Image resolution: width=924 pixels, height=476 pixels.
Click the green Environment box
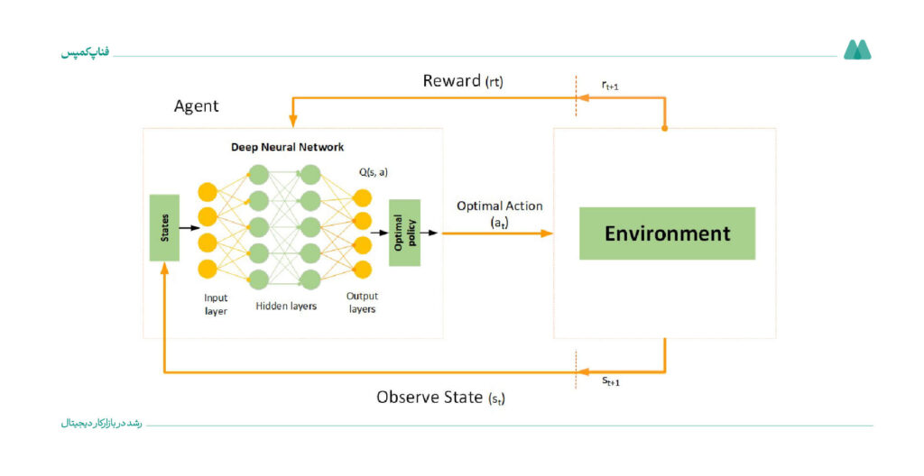(667, 233)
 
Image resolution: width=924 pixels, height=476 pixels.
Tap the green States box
(164, 227)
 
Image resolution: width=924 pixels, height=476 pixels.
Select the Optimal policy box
(404, 233)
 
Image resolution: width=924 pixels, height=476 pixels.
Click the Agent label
(196, 106)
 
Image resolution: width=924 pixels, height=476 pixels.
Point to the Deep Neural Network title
(287, 147)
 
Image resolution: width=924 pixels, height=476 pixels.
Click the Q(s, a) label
(374, 172)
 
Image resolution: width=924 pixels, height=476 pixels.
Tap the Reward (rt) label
(463, 81)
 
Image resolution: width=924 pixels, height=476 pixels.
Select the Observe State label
(440, 398)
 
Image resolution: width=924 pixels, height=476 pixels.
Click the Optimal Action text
(500, 206)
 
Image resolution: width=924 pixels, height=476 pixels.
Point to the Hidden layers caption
(286, 306)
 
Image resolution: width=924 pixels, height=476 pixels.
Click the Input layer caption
(216, 305)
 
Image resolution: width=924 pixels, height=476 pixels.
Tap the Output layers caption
(362, 302)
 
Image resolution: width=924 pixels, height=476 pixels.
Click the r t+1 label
(610, 86)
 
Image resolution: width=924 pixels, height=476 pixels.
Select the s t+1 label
(611, 381)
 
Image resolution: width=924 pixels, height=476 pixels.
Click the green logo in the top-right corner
(857, 50)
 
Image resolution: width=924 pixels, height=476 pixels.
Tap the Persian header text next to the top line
(86, 52)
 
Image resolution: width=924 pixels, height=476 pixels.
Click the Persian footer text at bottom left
(101, 424)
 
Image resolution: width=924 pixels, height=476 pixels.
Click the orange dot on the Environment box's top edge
(665, 128)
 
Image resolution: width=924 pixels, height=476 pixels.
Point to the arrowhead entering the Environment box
(548, 233)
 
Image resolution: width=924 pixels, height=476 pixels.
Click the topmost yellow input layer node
(208, 192)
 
